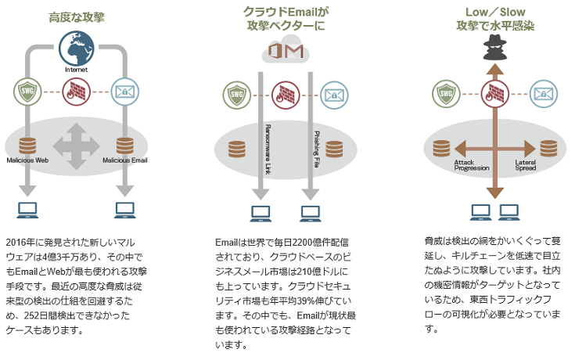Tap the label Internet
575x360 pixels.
coord(76,69)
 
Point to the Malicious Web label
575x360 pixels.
coord(27,160)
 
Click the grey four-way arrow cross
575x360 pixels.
coord(76,146)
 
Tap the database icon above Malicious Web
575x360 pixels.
coord(27,146)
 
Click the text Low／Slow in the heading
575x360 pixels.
coord(493,12)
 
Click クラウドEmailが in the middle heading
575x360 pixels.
coord(284,13)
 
